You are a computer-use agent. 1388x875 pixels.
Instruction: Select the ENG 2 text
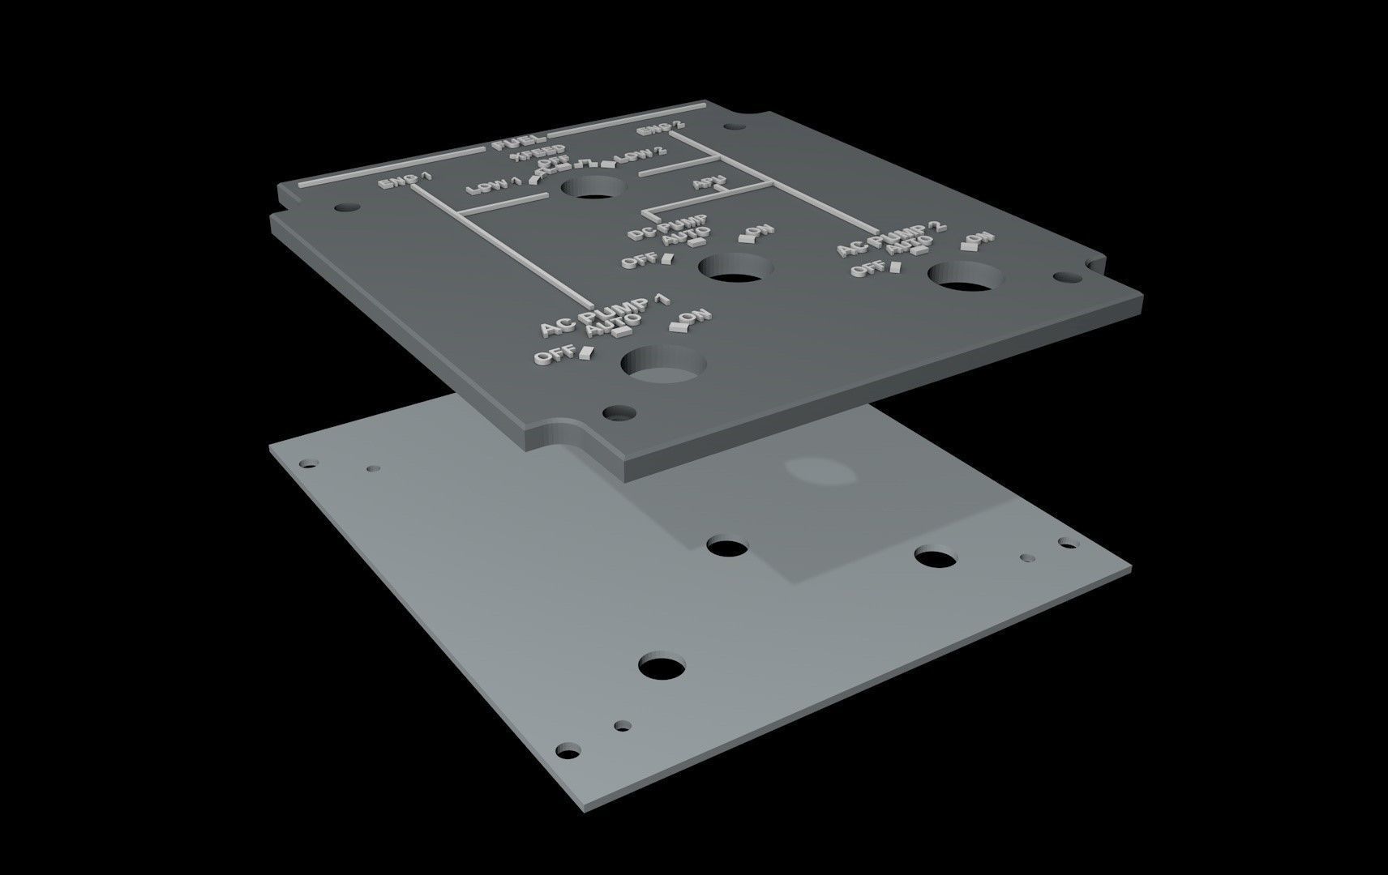(x=660, y=129)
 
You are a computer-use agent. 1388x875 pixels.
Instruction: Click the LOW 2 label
(x=640, y=155)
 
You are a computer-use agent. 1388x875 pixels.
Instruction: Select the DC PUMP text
(x=668, y=227)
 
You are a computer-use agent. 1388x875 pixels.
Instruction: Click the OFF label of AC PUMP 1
(x=555, y=355)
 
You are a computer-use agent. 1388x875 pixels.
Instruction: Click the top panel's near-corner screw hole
(x=619, y=412)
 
